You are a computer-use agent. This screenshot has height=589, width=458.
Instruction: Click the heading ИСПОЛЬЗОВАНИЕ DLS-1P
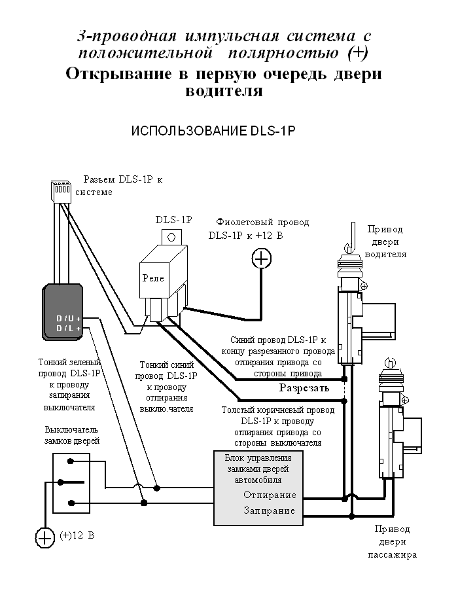tap(214, 130)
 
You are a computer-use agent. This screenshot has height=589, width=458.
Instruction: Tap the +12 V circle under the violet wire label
tap(262, 259)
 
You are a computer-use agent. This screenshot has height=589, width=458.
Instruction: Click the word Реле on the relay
tap(153, 277)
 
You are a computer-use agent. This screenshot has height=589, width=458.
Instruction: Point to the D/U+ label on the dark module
tap(68, 319)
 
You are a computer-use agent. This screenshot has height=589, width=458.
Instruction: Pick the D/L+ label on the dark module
tap(68, 328)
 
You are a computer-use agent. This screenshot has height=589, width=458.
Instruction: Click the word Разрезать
tap(303, 387)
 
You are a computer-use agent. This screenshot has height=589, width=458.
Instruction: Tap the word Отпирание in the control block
tap(270, 495)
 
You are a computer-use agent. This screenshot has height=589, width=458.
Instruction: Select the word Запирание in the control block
tap(270, 510)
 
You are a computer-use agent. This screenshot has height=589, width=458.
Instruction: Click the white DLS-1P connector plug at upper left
tap(60, 191)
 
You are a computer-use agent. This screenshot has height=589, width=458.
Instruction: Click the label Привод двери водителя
tap(386, 242)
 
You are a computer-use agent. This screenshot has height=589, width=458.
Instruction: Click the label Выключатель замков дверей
tap(72, 435)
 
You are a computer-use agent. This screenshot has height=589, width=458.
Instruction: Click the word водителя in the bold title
tap(224, 91)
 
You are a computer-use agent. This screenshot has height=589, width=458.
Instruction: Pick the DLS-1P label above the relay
tap(173, 220)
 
